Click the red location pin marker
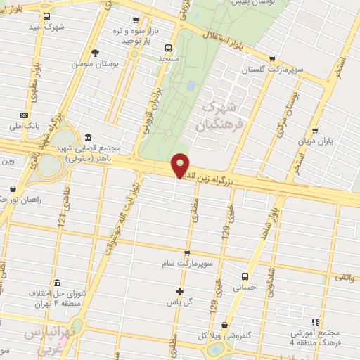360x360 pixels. tap(181, 165)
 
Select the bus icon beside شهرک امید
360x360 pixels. tap(46, 15)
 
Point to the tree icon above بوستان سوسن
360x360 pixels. tap(96, 52)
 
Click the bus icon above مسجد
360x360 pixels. tap(167, 48)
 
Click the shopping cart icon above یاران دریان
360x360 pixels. tap(314, 130)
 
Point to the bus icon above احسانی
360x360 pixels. tap(245, 276)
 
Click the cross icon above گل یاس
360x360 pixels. tap(179, 291)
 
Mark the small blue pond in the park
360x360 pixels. tap(191, 86)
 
